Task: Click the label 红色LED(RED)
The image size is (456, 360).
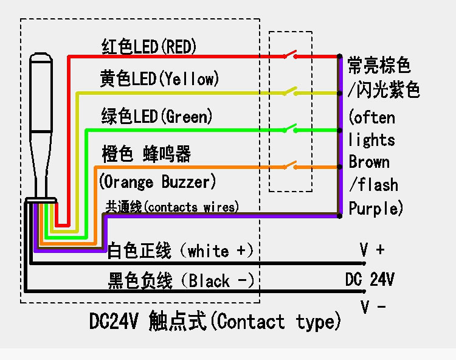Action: [x=149, y=46]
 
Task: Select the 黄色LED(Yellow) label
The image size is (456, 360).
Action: [x=159, y=78]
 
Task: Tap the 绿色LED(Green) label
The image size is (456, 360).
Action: [x=157, y=116]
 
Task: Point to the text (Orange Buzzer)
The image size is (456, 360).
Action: [x=157, y=181]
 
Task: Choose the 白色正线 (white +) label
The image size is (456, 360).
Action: [x=181, y=250]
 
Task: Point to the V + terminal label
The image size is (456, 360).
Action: [x=372, y=249]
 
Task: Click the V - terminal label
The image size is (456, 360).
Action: [x=373, y=306]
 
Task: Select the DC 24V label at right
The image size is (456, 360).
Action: [x=370, y=279]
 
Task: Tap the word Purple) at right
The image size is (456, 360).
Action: [x=376, y=208]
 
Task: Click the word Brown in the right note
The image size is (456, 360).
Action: [x=369, y=162]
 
